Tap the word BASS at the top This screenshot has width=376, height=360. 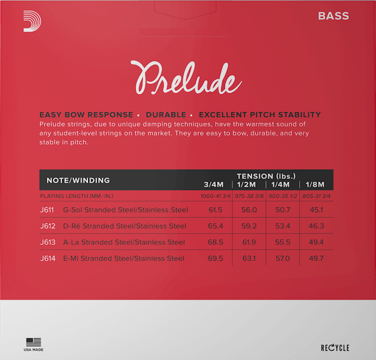pos(333,16)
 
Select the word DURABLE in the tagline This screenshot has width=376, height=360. pos(166,115)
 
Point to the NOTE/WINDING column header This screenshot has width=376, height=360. pos(78,180)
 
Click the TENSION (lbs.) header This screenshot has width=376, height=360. pos(266,176)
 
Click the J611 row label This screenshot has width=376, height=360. pos(48,210)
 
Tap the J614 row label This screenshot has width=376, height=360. pos(48,259)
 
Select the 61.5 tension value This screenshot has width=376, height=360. pos(215,210)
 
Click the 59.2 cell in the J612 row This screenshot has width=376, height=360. pos(249,226)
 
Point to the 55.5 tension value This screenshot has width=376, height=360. pos(283,242)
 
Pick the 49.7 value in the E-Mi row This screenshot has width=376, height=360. pos(316,259)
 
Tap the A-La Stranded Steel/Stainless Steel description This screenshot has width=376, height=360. pos(124,242)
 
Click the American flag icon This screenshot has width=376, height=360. pos(34,342)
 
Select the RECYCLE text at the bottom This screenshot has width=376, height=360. pos(335,347)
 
